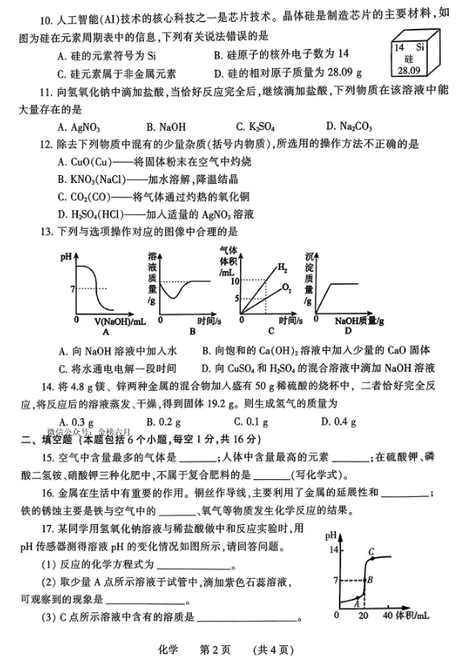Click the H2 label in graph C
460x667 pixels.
coord(282,267)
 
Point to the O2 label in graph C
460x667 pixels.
coord(286,287)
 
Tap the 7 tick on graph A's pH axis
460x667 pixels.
coord(71,288)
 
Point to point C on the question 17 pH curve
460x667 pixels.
coord(371,551)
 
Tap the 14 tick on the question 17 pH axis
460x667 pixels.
coord(334,549)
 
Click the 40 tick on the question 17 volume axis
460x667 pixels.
coord(386,614)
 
